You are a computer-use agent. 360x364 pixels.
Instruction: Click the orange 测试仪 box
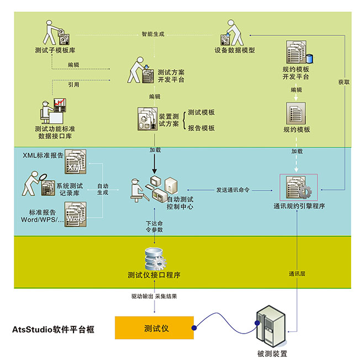tap(155, 328)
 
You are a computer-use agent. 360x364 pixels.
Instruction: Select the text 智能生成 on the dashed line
tap(153, 34)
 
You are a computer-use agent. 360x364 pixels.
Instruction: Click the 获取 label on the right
tap(344, 82)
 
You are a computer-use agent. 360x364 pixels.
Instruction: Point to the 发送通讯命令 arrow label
tap(232, 189)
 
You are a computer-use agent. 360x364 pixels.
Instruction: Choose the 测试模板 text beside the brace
tap(201, 112)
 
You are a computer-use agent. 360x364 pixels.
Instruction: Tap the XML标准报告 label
tap(43, 155)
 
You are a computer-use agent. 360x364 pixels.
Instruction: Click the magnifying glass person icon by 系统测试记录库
tap(36, 184)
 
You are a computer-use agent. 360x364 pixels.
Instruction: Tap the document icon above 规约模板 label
tap(297, 114)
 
